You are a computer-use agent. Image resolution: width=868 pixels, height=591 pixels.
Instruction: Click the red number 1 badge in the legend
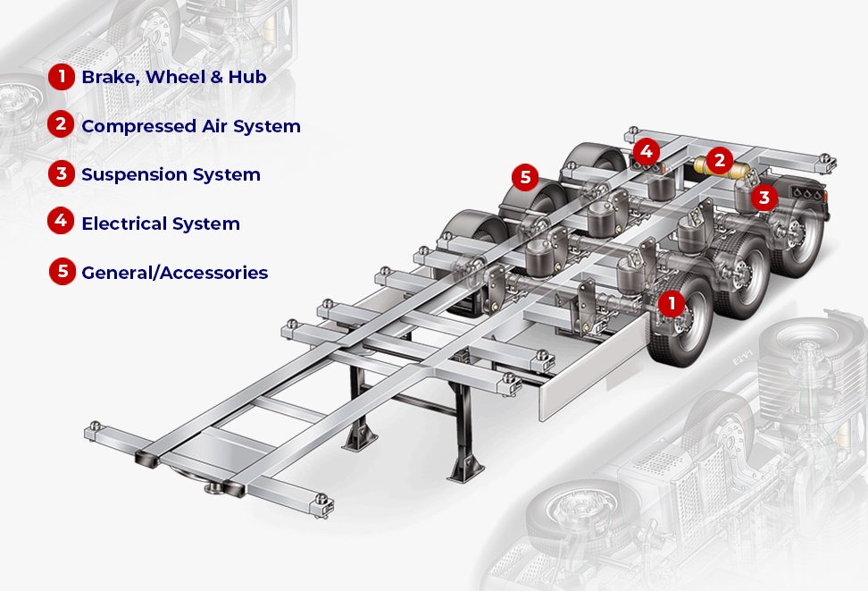pos(62,77)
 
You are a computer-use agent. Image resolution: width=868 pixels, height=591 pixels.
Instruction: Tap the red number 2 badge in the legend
pos(61,124)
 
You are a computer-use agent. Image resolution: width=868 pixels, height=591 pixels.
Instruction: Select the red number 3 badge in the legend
pos(62,173)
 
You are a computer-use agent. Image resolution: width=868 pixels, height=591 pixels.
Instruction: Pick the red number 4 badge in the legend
pos(61,221)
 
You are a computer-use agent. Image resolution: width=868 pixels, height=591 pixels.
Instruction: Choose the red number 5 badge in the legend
pos(63,271)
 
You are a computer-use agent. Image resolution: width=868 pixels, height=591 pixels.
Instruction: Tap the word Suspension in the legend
pos(135,175)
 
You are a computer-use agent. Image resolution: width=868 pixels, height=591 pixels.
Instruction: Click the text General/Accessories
pos(175,273)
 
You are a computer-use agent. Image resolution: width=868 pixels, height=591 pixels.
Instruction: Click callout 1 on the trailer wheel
pos(672,303)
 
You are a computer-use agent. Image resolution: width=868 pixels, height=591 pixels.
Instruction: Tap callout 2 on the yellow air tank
pos(720,160)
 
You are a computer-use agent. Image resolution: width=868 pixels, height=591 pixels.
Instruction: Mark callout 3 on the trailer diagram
pos(764,198)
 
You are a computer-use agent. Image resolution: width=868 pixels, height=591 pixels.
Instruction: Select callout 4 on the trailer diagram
pos(646,151)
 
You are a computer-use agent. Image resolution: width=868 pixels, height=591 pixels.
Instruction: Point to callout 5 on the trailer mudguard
pos(525,177)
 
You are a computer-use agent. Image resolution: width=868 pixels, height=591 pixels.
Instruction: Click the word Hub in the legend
pos(247,77)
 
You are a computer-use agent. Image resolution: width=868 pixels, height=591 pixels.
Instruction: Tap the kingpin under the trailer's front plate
pos(213,488)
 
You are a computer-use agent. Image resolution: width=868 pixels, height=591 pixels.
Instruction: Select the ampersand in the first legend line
pos(216,77)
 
